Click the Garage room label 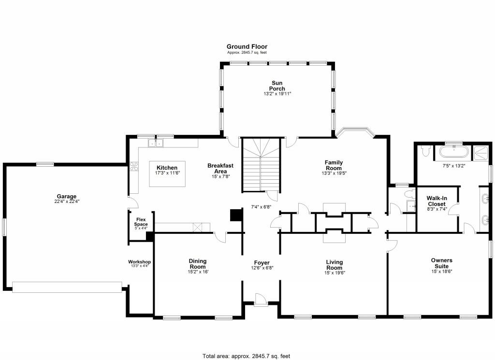point(67,197)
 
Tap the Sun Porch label point(277,86)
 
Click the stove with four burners point(133,167)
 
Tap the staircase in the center point(261,164)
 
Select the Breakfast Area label point(220,168)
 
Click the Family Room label point(334,165)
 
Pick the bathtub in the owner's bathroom point(453,154)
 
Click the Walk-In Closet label point(437,201)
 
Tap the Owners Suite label point(441,263)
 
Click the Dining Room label point(198,264)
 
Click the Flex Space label point(141,222)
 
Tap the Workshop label point(139,261)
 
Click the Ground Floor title point(247,47)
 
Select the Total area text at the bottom point(247,356)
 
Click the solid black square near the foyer point(235,215)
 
